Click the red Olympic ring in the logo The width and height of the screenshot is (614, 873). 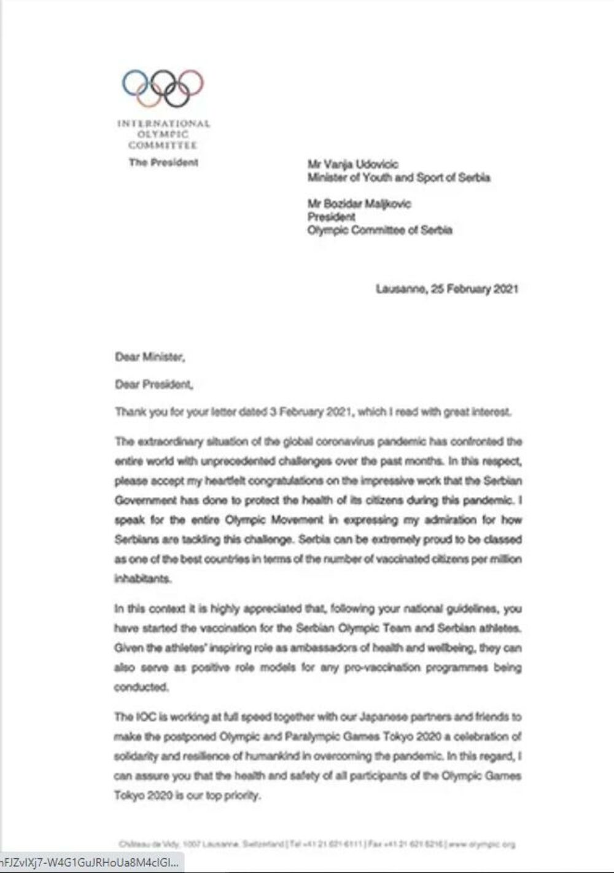[x=191, y=82]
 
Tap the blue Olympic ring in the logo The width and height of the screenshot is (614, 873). [x=134, y=82]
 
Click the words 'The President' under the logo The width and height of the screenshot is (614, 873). [x=163, y=163]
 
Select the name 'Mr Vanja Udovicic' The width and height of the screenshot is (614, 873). [x=352, y=164]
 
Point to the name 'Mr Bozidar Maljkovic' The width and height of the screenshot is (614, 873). [x=359, y=203]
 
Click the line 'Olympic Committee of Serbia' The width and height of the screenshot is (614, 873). [x=379, y=230]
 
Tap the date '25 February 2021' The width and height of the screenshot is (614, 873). [x=475, y=289]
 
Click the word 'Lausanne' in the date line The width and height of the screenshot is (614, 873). [x=400, y=289]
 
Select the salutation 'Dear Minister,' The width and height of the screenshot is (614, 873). [x=150, y=357]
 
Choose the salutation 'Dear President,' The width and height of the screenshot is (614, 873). [x=154, y=385]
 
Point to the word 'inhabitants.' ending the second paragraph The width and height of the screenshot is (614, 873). [x=142, y=579]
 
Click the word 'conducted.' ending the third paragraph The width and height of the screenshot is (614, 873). [x=141, y=687]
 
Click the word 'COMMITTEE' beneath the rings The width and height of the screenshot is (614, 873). [x=163, y=146]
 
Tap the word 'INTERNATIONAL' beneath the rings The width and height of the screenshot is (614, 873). [x=163, y=124]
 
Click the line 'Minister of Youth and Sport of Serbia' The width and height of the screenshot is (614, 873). [x=398, y=178]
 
